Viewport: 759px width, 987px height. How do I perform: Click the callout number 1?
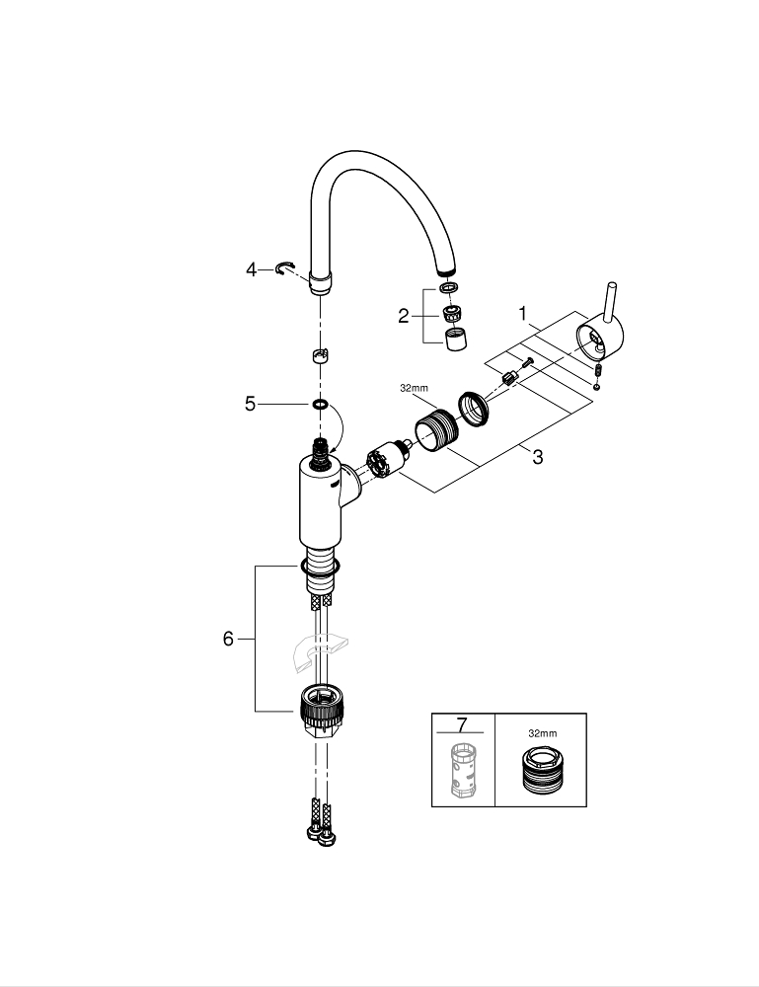coord(522,313)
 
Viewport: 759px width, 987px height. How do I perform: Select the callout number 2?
coord(404,316)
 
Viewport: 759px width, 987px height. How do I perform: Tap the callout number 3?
coord(537,457)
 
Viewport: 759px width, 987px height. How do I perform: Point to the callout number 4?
coord(251,270)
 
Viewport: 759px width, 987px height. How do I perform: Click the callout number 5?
coord(251,404)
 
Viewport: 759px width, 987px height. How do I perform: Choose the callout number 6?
coord(228,639)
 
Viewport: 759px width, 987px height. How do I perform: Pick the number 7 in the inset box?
coord(462,725)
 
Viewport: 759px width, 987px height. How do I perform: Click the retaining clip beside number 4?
coord(284,269)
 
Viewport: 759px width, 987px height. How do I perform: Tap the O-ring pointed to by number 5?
coord(320,403)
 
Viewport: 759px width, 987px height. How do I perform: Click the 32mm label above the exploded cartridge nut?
coord(414,388)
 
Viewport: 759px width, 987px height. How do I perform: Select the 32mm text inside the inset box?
coord(543,733)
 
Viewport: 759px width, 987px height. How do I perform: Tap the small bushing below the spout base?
coord(320,355)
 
